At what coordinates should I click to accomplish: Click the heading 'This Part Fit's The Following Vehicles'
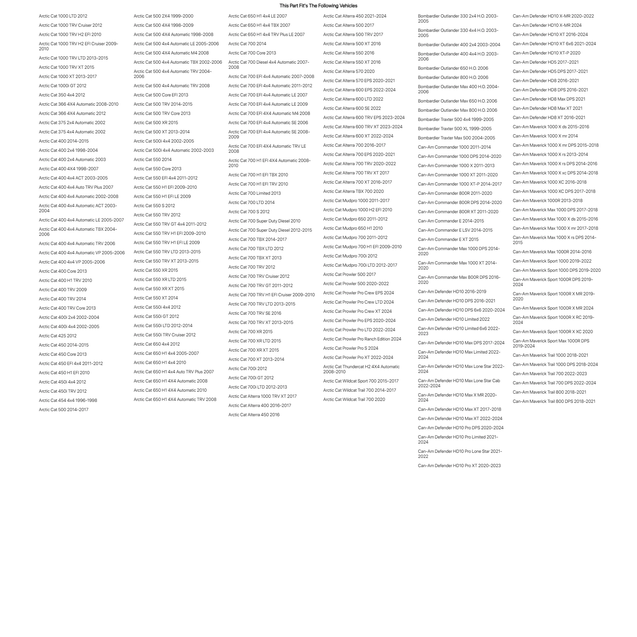click(318, 6)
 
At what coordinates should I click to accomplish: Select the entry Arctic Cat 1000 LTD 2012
click(63, 16)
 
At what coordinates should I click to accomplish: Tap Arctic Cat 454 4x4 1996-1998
click(68, 400)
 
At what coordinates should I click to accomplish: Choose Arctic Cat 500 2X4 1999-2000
click(164, 16)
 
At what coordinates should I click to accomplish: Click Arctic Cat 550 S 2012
click(154, 206)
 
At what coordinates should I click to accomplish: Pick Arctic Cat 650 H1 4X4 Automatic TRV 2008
click(175, 399)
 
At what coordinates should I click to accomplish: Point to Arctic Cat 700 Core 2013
click(252, 53)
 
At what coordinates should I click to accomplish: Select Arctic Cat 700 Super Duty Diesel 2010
click(264, 221)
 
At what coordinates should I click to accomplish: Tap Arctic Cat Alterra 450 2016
click(254, 415)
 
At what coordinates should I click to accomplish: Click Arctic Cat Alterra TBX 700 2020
click(353, 191)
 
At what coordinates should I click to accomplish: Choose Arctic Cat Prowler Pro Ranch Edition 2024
click(362, 339)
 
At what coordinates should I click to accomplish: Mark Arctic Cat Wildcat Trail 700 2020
click(354, 399)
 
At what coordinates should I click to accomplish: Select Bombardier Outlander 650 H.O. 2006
click(453, 68)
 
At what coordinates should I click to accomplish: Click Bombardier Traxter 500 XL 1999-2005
click(455, 129)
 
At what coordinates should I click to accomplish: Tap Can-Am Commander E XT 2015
click(448, 239)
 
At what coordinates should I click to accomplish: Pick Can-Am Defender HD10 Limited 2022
click(454, 319)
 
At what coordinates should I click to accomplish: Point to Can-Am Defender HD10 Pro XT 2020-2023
click(459, 465)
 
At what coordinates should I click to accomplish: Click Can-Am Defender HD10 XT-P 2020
click(547, 53)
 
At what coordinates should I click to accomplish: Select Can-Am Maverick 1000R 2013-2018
click(548, 200)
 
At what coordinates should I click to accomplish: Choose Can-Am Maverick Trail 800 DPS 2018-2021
click(554, 401)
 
